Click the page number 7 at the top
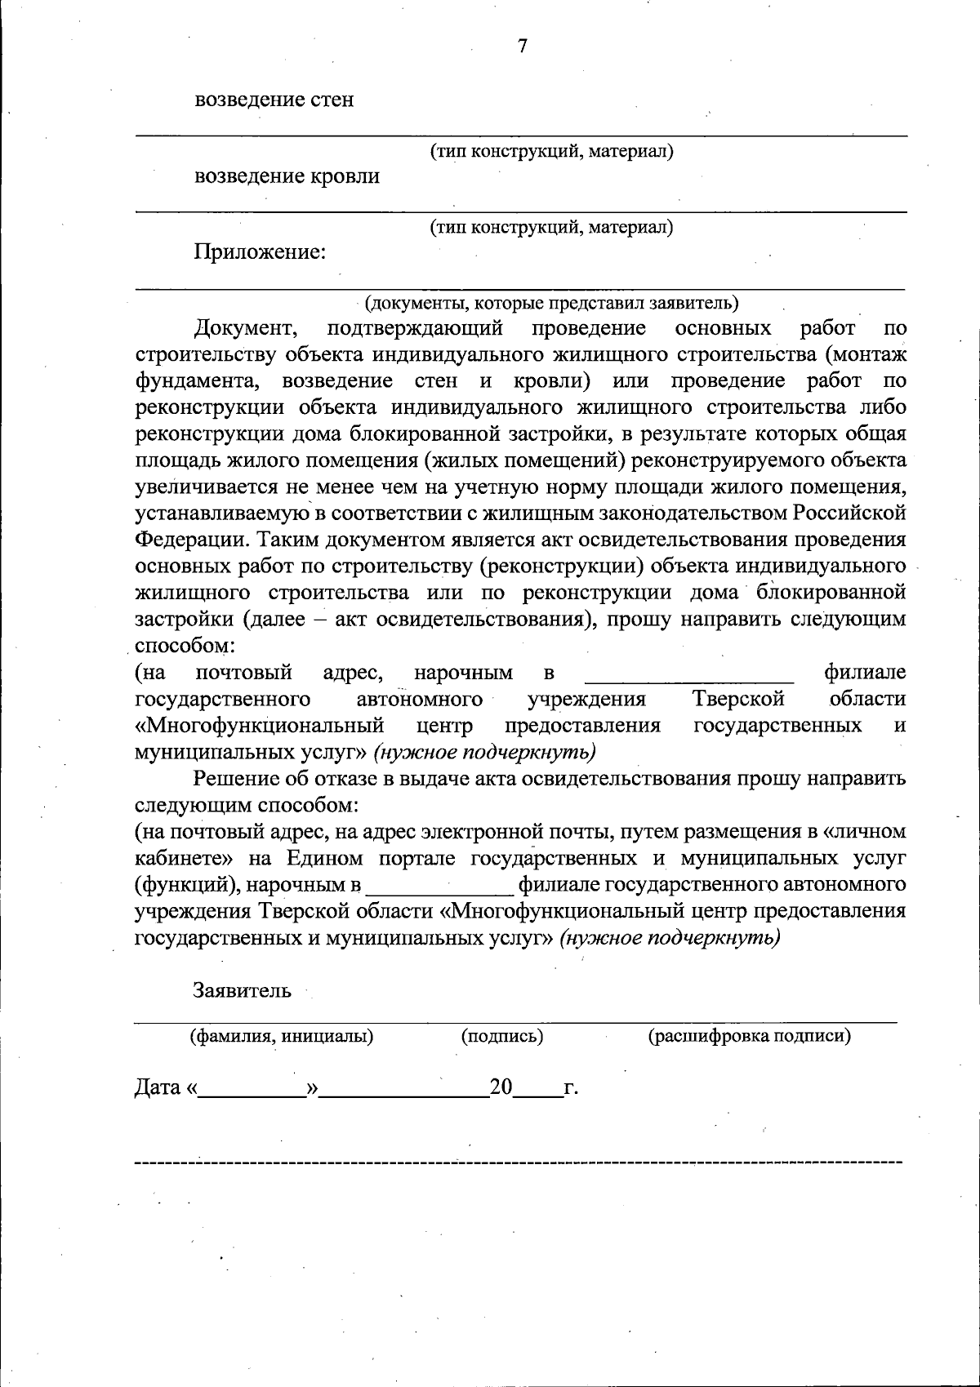523,47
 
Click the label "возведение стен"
274,100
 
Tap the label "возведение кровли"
287,176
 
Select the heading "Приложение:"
260,252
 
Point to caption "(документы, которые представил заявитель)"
552,303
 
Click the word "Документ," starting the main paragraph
246,329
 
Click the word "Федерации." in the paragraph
185,540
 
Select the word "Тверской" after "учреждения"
738,699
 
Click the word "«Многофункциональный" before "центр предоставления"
260,725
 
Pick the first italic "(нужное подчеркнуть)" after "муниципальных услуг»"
484,751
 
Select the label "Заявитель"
242,990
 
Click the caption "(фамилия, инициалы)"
282,1037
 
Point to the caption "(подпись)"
502,1037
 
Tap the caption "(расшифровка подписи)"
749,1037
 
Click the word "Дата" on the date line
157,1087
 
